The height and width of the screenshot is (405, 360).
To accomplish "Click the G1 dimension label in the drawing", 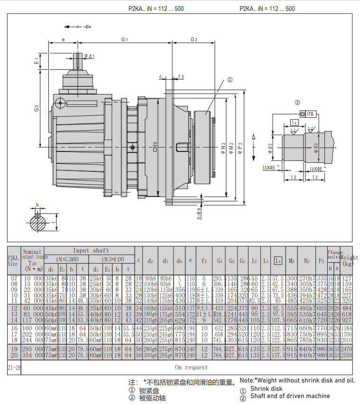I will [x=125, y=39].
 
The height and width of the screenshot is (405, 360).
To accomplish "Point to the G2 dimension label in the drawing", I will [x=194, y=39].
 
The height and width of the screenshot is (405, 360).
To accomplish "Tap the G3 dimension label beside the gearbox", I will [x=37, y=109].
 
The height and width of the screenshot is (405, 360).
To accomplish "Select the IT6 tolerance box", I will [x=310, y=114].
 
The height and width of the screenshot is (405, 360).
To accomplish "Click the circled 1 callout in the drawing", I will [x=230, y=80].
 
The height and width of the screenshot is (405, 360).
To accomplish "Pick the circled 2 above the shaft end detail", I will [x=297, y=103].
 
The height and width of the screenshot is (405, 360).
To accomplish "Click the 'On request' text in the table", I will [x=191, y=367].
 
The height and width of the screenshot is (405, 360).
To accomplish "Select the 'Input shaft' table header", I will [x=91, y=250].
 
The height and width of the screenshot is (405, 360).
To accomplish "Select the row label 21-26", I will [x=14, y=367].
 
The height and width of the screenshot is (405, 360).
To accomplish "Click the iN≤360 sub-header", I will [x=67, y=259].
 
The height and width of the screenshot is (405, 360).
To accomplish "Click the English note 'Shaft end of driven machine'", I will [x=290, y=396].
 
